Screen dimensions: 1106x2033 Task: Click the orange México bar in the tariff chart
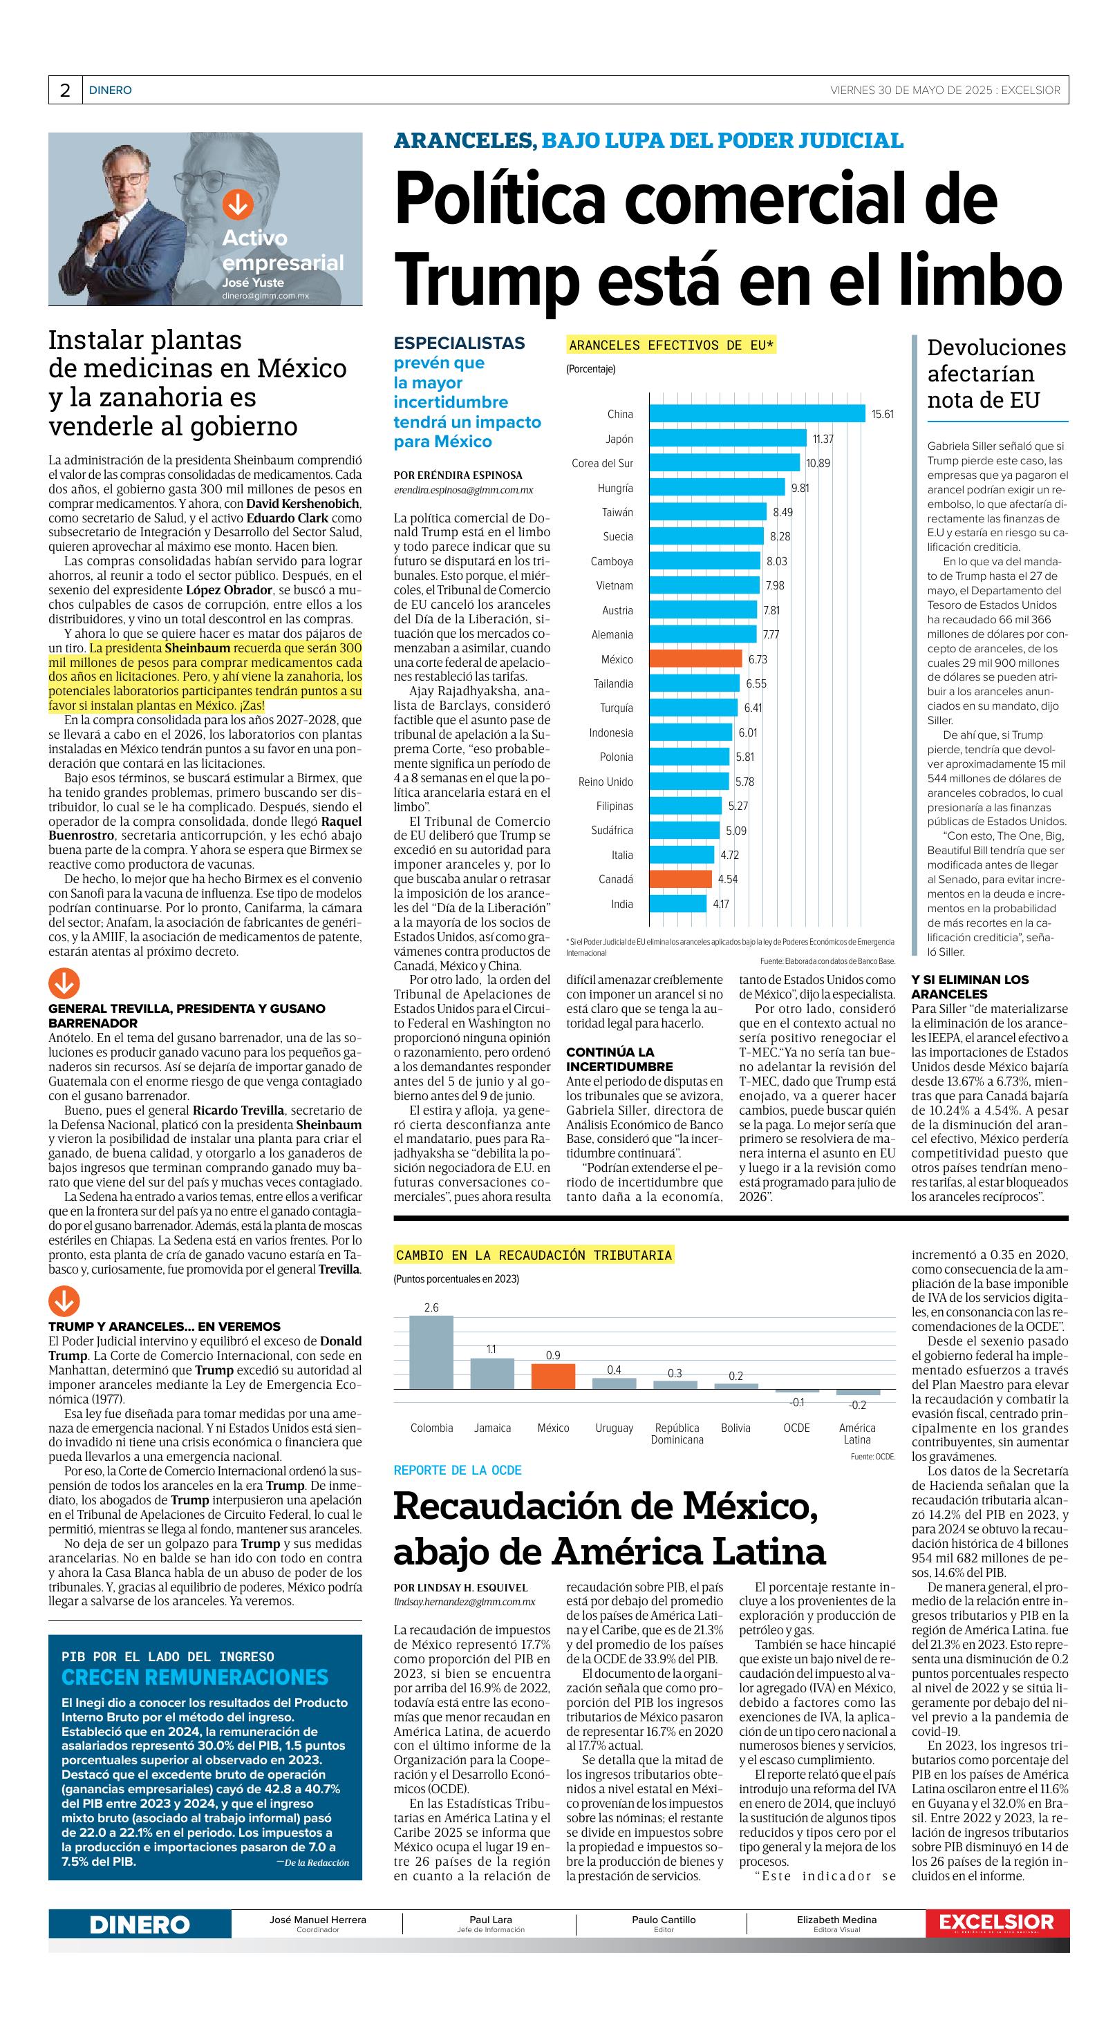pos(695,658)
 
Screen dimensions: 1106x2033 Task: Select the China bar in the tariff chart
pos(757,413)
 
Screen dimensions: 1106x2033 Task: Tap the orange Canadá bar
pos(683,878)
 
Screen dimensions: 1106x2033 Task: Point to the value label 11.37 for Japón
pos(823,439)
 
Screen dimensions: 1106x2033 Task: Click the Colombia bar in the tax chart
pos(431,1352)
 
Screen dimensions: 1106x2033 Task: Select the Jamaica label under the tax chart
pos(491,1428)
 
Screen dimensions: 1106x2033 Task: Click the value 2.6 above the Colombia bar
pos(431,1307)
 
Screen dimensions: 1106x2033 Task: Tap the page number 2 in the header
pos(65,90)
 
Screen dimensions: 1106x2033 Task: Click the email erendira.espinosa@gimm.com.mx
pos(463,490)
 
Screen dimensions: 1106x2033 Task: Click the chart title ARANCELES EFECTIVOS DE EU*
pos(672,345)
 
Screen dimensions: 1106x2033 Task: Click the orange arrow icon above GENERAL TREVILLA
pos(64,983)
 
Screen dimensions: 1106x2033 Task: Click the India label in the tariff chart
pos(621,904)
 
